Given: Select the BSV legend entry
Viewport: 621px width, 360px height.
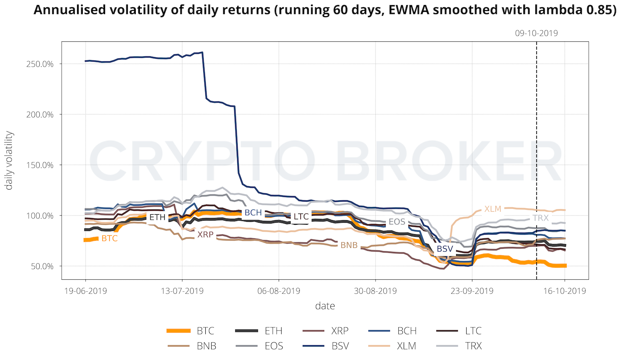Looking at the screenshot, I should (340, 346).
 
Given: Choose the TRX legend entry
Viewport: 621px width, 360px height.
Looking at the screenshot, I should (473, 346).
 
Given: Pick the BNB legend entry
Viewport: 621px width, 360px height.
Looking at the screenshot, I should (206, 346).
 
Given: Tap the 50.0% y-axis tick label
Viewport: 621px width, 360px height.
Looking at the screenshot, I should (43, 266).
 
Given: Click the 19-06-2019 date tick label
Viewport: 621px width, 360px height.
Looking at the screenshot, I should (86, 291).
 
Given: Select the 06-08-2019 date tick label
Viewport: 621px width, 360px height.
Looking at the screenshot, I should (279, 291).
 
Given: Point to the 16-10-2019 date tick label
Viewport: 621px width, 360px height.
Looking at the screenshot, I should (565, 291).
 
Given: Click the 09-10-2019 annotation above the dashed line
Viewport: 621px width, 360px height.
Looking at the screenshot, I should (537, 34).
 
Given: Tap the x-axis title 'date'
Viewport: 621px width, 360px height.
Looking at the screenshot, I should (325, 306).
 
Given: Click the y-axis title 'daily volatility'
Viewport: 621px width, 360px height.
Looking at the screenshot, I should (10, 160).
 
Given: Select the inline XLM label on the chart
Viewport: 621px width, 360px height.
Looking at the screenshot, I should (493, 209).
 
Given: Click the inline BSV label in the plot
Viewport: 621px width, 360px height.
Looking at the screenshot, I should (445, 249).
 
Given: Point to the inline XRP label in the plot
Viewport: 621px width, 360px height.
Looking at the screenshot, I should (205, 235).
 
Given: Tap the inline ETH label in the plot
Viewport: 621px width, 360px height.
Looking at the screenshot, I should (157, 217).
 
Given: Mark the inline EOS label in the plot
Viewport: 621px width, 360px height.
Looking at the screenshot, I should (397, 222).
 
